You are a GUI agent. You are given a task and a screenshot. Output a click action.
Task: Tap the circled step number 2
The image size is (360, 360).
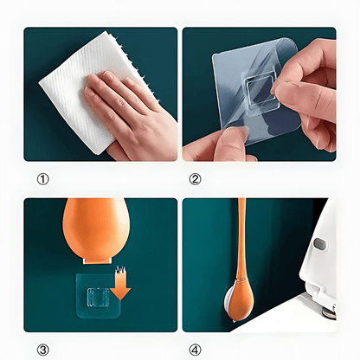click(x=195, y=180)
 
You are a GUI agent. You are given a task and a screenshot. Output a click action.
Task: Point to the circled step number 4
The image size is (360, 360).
click(x=195, y=350)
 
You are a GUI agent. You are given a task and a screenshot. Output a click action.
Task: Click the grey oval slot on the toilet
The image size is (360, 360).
click(x=319, y=244)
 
